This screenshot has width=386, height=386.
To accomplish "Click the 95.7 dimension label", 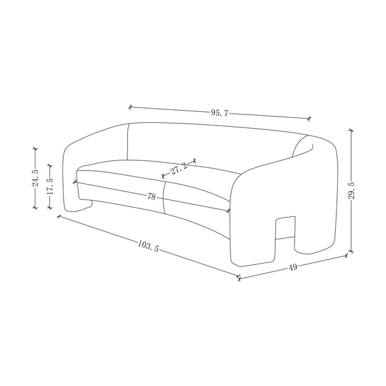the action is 219,113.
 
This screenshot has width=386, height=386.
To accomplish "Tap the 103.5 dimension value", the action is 149,246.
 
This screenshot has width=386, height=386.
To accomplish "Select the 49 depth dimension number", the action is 293,267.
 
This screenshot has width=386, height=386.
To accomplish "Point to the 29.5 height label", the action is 353,190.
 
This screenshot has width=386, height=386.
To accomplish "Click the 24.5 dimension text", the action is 36,178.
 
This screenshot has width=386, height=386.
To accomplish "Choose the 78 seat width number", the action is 152,197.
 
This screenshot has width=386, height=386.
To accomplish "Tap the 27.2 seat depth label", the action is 179,169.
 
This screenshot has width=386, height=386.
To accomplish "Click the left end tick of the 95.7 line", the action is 131,107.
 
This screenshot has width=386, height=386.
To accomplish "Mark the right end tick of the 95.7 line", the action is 309,118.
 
